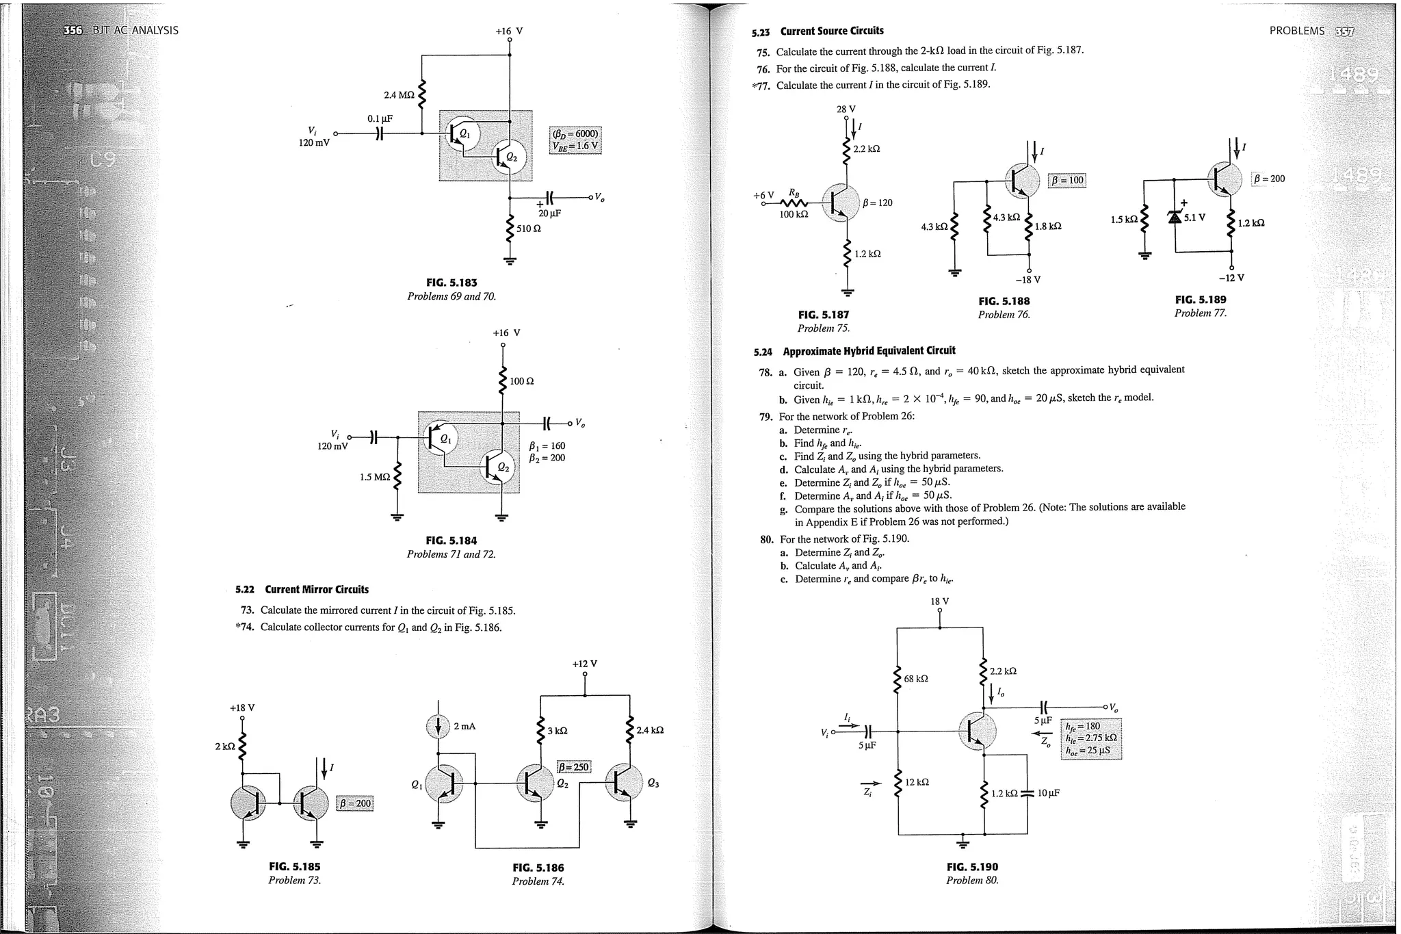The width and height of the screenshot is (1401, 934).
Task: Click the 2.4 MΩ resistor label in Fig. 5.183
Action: pos(399,95)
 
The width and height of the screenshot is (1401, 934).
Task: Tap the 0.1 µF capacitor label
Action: pos(380,118)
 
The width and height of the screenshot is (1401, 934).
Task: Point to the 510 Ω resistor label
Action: pos(528,229)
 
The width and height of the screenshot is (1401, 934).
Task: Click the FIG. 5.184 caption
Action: pos(451,541)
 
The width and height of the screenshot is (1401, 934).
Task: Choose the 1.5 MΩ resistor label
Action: pos(374,477)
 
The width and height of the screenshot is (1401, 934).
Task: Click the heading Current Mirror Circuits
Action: pos(316,589)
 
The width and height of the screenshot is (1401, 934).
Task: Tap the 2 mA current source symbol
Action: pos(438,727)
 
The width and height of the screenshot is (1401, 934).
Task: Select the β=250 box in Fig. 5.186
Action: pos(573,767)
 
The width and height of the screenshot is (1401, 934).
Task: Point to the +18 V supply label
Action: pos(242,708)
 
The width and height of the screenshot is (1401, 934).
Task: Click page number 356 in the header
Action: pos(72,30)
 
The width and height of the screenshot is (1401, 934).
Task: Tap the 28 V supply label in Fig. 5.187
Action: pos(846,109)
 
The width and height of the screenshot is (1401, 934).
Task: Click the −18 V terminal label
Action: pos(1027,280)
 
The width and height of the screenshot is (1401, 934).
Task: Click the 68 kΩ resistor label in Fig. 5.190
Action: pos(915,679)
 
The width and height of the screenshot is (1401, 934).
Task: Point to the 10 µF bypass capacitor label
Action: pos(1048,793)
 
